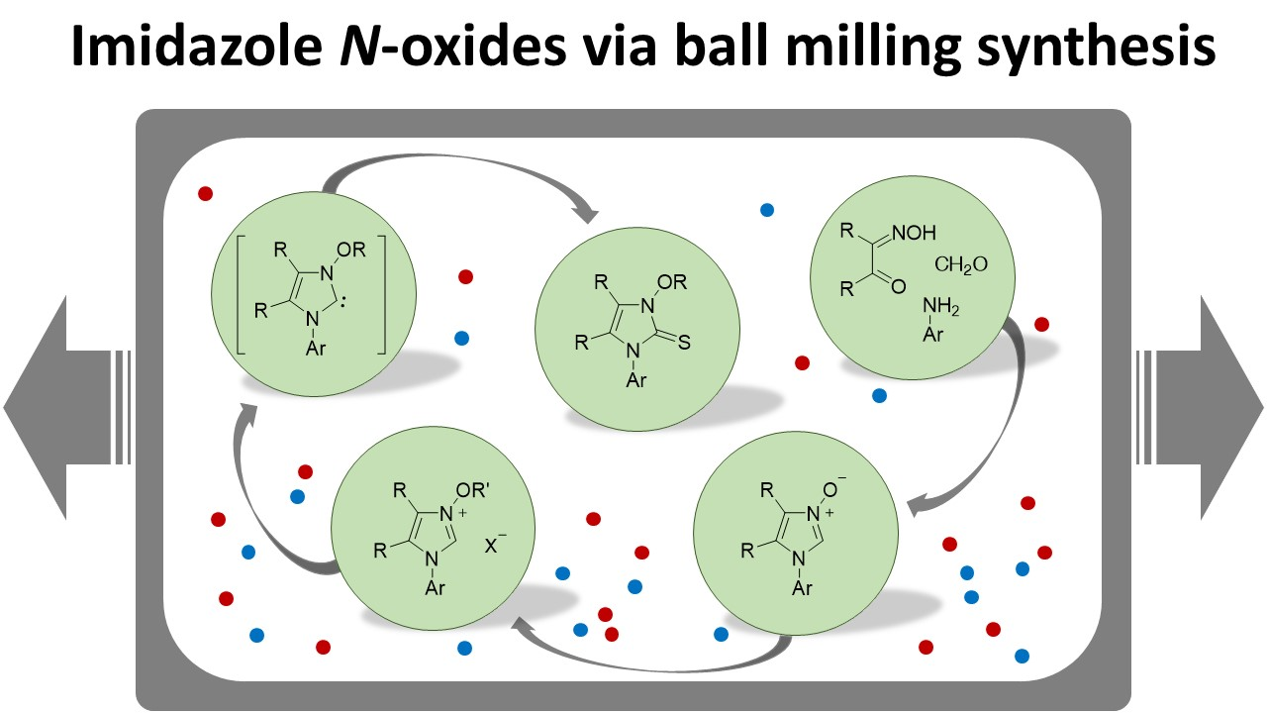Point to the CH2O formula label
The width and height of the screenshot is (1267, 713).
959,264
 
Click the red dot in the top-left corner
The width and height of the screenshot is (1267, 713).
205,193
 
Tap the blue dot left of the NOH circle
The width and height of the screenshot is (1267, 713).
766,210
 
